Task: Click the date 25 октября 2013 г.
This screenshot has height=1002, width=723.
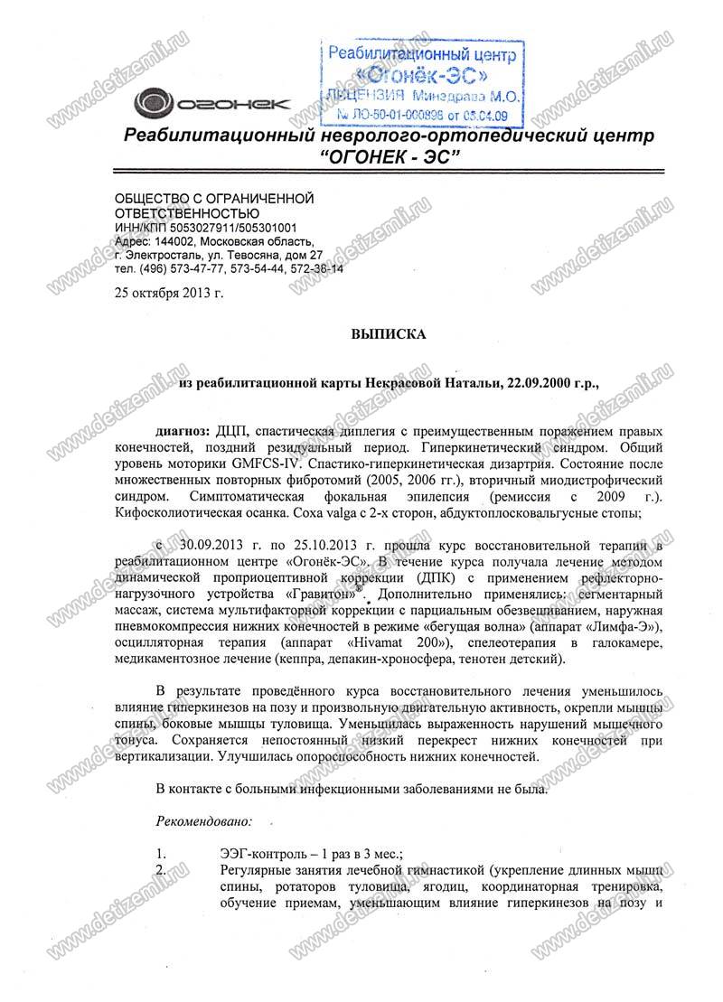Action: click(x=167, y=294)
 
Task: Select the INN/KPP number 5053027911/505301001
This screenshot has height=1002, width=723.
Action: click(x=231, y=228)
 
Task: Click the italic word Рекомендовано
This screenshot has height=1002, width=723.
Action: click(x=204, y=822)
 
